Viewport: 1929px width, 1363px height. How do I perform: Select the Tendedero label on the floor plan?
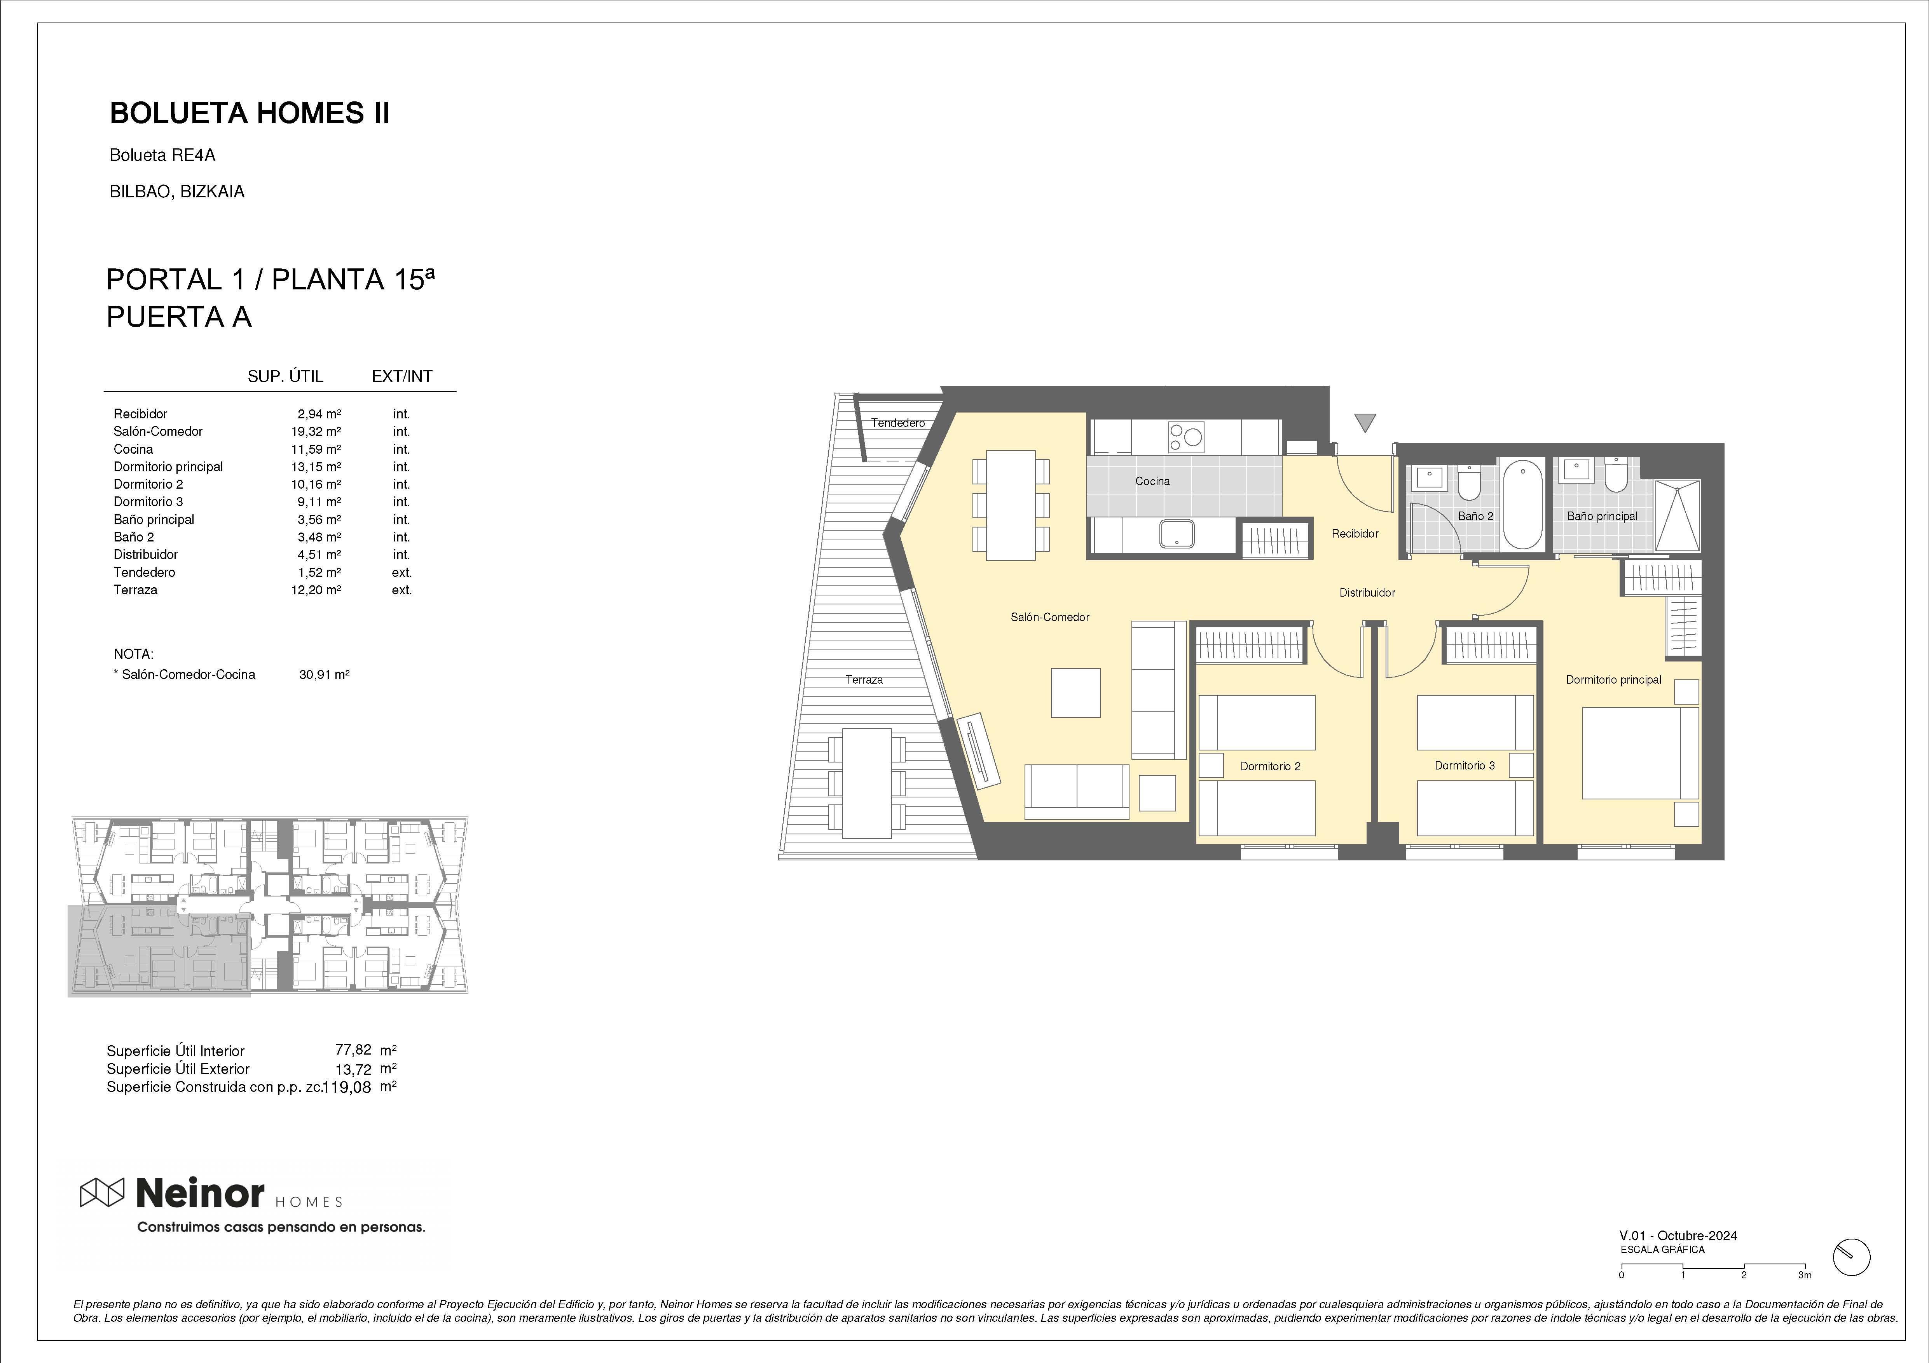pyautogui.click(x=897, y=423)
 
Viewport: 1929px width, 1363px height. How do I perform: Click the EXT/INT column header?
pyautogui.click(x=402, y=376)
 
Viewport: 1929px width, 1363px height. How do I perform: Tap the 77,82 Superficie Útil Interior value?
pyautogui.click(x=353, y=1050)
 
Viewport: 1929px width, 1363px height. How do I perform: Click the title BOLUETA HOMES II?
pyautogui.click(x=250, y=113)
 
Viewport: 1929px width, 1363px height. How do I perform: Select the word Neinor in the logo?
pyautogui.click(x=200, y=1192)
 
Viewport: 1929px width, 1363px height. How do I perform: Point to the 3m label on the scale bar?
pyautogui.click(x=1805, y=1299)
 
